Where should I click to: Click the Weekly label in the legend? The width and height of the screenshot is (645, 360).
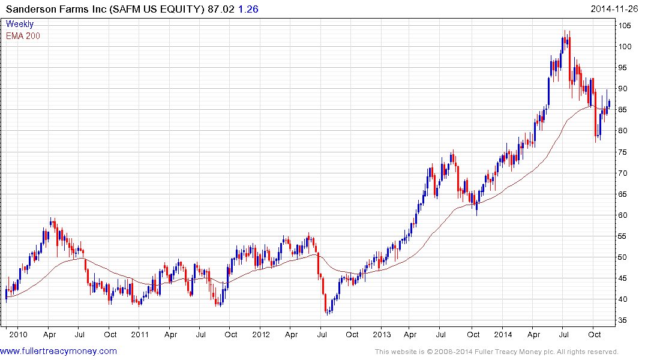coord(20,24)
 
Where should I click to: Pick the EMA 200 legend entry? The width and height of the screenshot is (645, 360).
coord(23,35)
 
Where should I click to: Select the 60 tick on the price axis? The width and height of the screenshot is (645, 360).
coord(626,215)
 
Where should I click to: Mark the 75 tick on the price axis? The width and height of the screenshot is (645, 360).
coord(626,152)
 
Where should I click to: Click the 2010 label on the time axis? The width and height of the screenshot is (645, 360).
coord(18,334)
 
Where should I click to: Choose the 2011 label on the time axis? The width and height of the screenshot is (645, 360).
coord(140,334)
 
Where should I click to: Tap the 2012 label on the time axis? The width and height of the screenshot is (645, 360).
coord(261,334)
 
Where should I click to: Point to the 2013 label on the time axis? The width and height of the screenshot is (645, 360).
coord(382,334)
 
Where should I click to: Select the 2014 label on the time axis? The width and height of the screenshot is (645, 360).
coord(503,334)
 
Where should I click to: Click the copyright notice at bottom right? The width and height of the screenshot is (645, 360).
coord(496,352)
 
